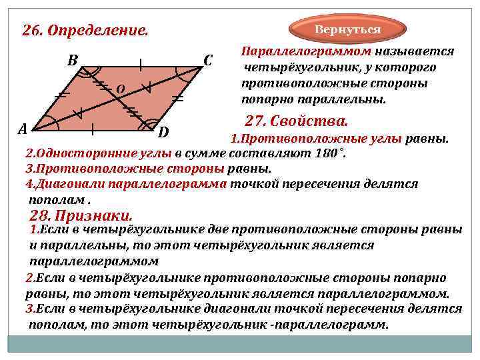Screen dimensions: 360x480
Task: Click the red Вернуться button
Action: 347,30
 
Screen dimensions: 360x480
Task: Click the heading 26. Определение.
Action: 85,31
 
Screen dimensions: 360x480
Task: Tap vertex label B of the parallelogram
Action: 73,60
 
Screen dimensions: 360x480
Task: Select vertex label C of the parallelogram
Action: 207,61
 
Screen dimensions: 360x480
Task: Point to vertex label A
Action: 23,128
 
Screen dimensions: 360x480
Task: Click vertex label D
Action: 163,131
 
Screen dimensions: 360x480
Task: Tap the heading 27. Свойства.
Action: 296,121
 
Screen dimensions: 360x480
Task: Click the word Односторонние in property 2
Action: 79,154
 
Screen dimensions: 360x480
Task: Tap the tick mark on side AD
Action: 92,126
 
